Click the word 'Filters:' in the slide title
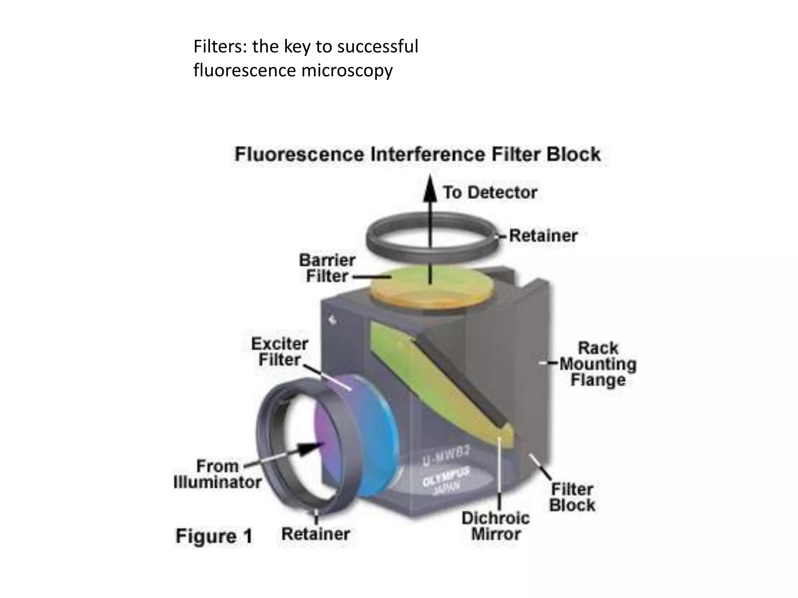coord(220,47)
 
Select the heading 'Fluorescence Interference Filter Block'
coord(417,154)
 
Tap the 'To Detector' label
coord(490,192)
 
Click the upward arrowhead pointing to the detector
coord(430,189)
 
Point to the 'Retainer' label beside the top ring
coord(543,236)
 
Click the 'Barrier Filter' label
coord(327,268)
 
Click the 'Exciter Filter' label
coord(279,352)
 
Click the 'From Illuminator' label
coord(217,474)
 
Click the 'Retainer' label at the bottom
coord(315,534)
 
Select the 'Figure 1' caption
coord(214,536)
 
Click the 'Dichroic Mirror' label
coord(495,526)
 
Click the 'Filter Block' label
coord(572,498)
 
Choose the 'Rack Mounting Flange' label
coord(598,364)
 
